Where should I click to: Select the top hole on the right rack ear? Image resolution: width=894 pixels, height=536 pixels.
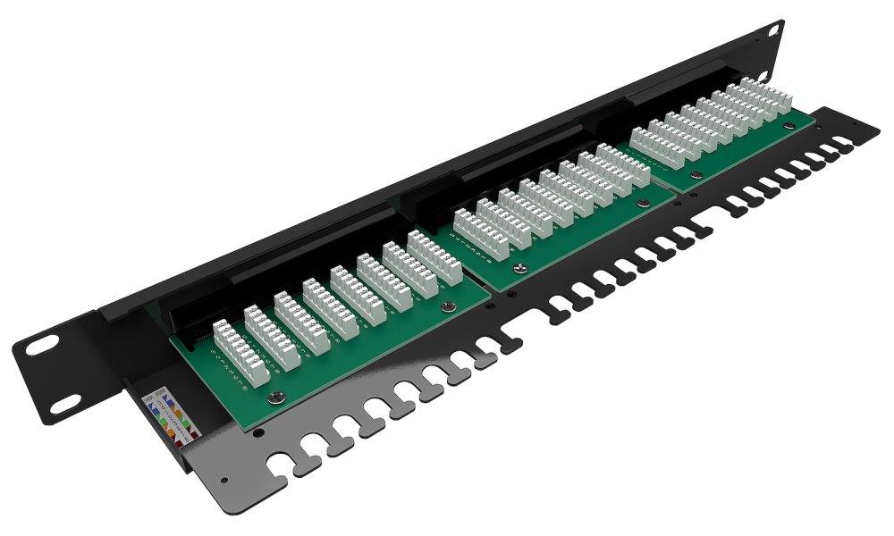click(772, 31)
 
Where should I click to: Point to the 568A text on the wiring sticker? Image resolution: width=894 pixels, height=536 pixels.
click(148, 394)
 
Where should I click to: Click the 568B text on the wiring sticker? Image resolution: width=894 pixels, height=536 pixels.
click(160, 390)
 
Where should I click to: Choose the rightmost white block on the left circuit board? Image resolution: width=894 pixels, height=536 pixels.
click(434, 256)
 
